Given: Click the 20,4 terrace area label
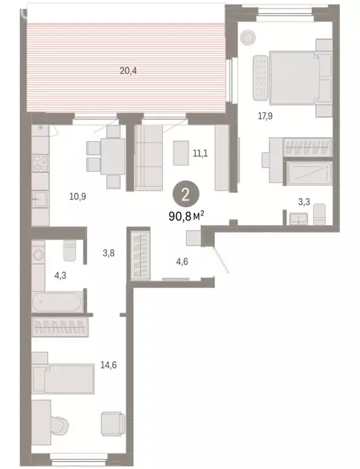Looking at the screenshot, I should click(x=128, y=70).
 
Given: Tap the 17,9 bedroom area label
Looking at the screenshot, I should click(x=264, y=118).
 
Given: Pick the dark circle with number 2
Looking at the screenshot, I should click(x=185, y=195).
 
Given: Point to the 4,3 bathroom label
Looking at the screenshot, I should click(x=60, y=275).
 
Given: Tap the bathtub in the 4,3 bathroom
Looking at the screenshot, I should click(x=59, y=302).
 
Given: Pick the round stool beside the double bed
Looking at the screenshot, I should click(x=248, y=37).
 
